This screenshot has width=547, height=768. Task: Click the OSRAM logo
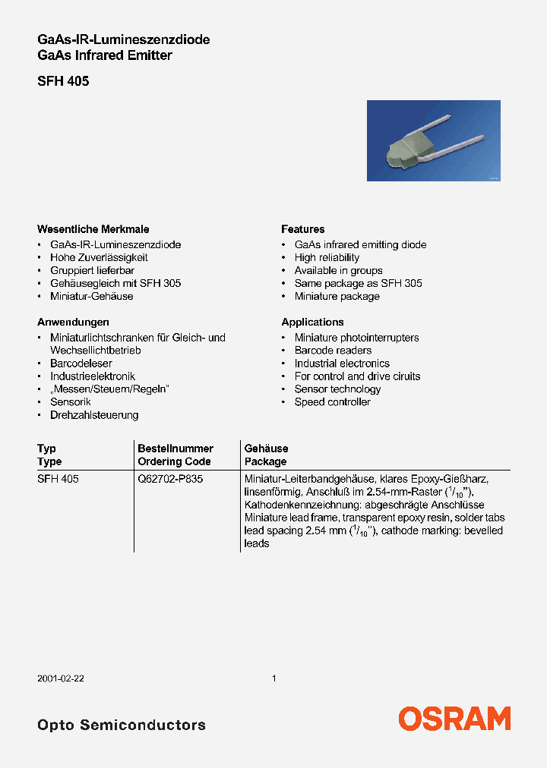click(454, 718)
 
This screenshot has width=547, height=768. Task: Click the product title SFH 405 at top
click(63, 81)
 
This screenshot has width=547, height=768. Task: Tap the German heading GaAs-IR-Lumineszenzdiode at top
click(123, 39)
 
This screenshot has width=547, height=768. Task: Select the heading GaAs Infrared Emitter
click(105, 55)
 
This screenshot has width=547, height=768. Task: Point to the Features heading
click(302, 229)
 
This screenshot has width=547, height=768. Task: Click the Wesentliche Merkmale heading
click(93, 229)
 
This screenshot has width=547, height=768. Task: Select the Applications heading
click(312, 322)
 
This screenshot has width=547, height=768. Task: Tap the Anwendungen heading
click(73, 322)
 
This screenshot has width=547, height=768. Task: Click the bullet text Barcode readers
click(333, 351)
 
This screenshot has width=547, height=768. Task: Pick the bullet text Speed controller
click(332, 402)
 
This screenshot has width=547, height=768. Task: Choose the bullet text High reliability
click(327, 257)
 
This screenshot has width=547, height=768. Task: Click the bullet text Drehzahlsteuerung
click(94, 415)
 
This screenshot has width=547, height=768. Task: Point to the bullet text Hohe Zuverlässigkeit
click(99, 257)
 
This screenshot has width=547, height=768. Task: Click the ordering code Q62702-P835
click(170, 480)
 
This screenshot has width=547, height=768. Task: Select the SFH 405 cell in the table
click(58, 480)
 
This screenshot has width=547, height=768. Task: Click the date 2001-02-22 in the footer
click(60, 678)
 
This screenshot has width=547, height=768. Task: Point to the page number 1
click(273, 678)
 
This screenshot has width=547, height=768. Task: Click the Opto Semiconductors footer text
click(122, 725)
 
